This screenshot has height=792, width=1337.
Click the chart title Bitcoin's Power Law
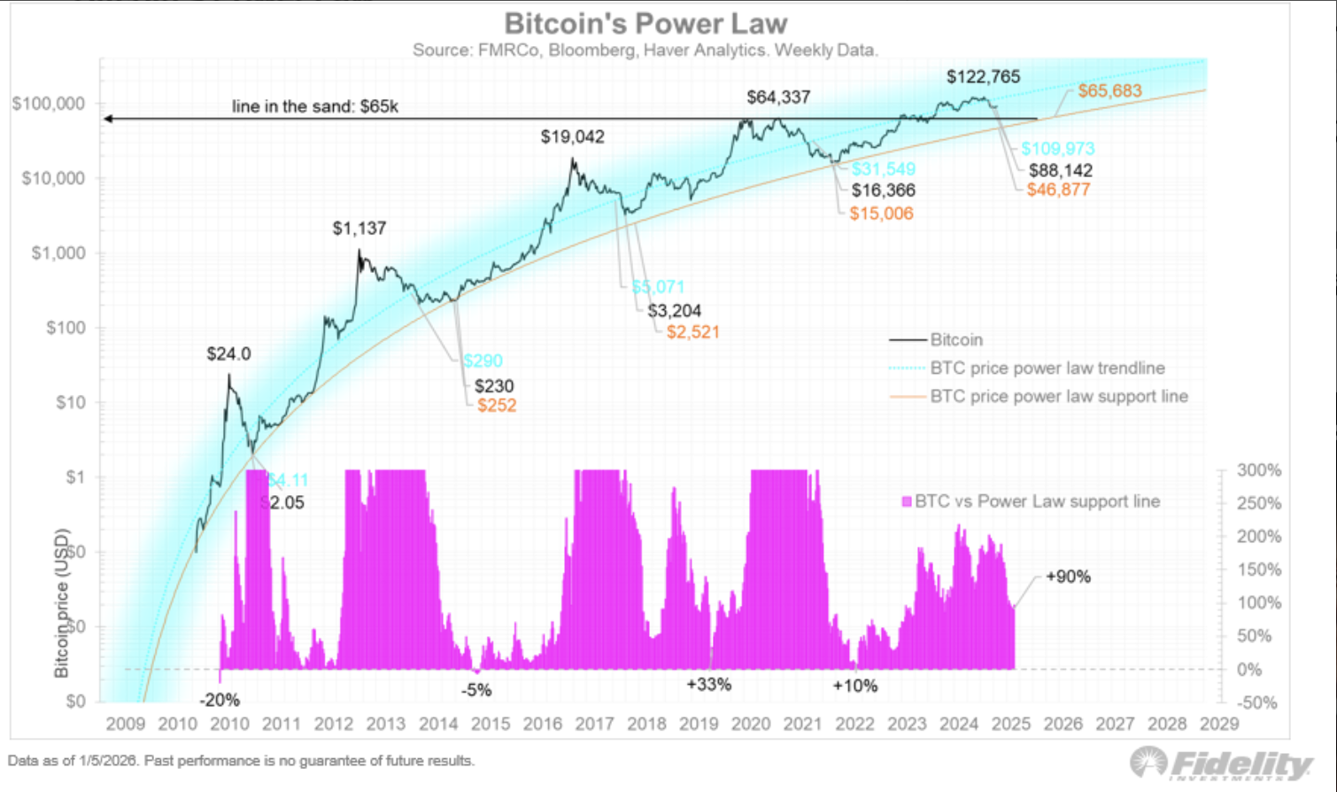[x=645, y=24]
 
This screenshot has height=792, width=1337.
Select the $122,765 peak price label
[x=983, y=77]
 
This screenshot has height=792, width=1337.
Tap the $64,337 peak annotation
[x=778, y=97]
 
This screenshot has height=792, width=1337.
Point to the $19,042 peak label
[x=573, y=137]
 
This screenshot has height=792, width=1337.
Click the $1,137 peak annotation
[x=359, y=229]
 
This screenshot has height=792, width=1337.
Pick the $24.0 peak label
[x=228, y=354]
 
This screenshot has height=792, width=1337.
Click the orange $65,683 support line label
[x=1109, y=91]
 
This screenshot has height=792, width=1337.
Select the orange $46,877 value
[x=1058, y=190]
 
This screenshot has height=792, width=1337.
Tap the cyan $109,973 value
[x=1058, y=149]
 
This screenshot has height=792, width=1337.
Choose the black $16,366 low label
[x=884, y=190]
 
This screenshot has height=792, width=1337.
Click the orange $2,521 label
[x=692, y=332]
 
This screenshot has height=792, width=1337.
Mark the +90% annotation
[x=1068, y=577]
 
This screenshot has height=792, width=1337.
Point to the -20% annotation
[x=220, y=700]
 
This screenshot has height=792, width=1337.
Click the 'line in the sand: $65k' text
[x=315, y=106]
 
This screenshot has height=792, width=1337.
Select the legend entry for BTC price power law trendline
[x=1047, y=369]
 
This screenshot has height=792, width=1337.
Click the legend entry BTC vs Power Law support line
[x=1036, y=501]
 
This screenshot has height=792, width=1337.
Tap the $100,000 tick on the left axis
[x=49, y=104]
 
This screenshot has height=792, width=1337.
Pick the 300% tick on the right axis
[x=1258, y=470]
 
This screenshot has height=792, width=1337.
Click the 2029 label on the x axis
[x=1218, y=724]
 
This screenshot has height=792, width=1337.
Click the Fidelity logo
[x=1222, y=764]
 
